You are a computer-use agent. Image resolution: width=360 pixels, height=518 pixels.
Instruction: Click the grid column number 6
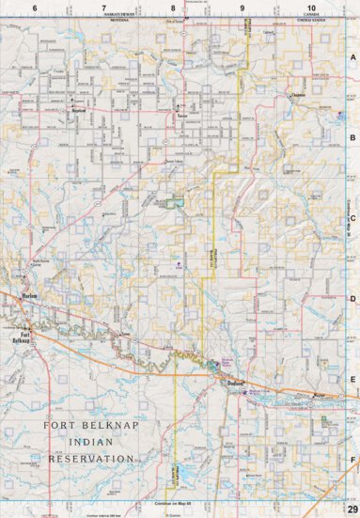[35, 8]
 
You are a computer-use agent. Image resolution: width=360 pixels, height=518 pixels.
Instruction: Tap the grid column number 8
[173, 8]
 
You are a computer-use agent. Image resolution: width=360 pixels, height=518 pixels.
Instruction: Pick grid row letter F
[353, 460]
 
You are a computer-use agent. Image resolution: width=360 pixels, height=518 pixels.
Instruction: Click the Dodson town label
[235, 384]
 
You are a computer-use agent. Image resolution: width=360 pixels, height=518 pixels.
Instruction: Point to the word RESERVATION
[90, 459]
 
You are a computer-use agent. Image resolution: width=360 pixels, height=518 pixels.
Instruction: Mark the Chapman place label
[300, 95]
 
